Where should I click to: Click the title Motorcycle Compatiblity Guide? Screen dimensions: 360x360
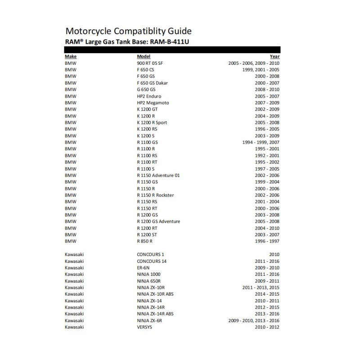129,31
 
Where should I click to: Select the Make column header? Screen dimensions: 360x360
71,57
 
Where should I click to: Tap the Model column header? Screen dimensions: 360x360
144,57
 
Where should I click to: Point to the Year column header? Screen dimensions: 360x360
274,57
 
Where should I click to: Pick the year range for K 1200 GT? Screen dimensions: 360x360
267,109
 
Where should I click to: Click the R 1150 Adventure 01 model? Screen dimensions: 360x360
158,175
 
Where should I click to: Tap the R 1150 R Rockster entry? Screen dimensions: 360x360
155,195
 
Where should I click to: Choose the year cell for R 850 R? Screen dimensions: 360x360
267,241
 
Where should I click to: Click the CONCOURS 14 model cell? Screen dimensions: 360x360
152,261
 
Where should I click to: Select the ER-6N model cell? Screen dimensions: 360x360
144,267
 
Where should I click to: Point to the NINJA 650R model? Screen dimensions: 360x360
149,281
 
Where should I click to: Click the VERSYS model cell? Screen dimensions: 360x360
145,327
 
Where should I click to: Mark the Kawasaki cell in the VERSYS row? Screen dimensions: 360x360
74,327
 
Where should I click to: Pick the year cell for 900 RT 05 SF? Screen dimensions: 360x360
254,63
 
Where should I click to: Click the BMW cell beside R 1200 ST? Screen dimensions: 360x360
71,234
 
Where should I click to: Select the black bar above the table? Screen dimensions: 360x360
173,49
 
